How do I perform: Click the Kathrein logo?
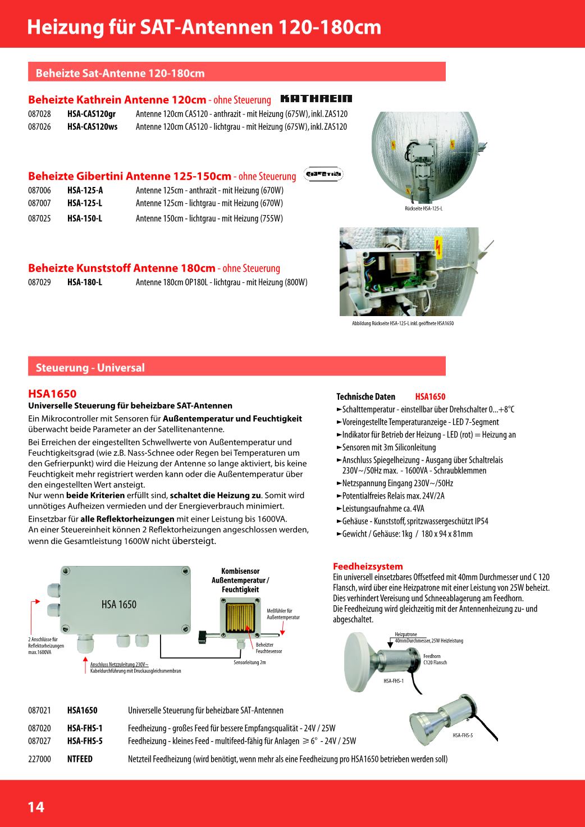(316, 99)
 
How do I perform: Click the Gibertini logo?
(323, 175)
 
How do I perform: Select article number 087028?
(39, 114)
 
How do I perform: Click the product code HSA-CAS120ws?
(92, 127)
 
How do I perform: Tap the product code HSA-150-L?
(85, 218)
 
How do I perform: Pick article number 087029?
(39, 282)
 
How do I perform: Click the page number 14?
(36, 807)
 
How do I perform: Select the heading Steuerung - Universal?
(90, 368)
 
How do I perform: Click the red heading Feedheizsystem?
(368, 566)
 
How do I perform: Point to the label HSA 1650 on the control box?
(119, 605)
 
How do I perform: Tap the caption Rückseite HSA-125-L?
(423, 209)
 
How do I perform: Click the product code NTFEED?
(80, 759)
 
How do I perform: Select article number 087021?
(39, 711)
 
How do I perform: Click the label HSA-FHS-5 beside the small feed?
(463, 735)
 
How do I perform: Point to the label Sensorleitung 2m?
(249, 662)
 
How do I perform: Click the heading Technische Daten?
(365, 396)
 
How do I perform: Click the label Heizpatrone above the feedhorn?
(406, 634)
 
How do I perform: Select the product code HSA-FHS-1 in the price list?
(85, 728)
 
